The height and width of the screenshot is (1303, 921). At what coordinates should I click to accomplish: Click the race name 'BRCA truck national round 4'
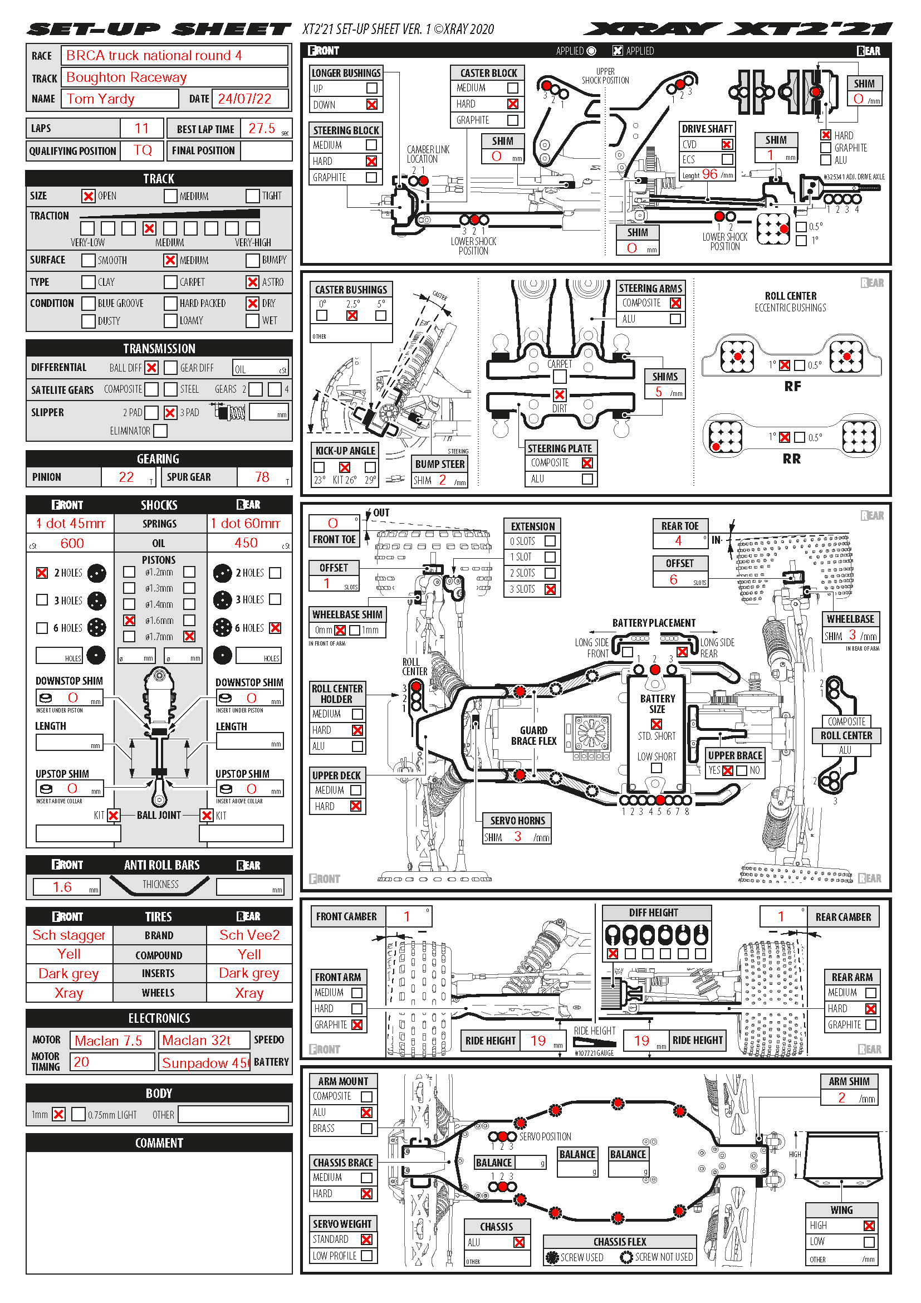point(154,56)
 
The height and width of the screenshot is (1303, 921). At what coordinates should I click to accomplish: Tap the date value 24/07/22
point(244,99)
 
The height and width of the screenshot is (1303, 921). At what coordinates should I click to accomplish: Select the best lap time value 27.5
point(262,128)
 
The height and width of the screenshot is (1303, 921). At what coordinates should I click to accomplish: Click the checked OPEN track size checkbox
point(88,196)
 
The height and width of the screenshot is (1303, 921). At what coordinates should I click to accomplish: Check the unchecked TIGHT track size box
point(252,196)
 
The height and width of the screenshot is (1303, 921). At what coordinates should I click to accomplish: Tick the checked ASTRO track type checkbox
point(252,282)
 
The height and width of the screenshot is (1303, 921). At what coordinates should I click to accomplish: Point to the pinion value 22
point(126,477)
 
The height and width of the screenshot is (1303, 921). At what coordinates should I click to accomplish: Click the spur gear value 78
point(262,477)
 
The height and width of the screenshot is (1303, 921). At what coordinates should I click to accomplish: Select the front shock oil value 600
point(72,544)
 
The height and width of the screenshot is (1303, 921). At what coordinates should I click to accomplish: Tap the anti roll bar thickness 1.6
point(62,887)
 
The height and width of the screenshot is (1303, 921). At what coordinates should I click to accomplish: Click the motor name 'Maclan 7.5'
point(109,1041)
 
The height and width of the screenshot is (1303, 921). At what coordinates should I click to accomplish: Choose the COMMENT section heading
point(159,1143)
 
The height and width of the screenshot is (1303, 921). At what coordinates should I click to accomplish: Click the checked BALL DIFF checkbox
point(151,368)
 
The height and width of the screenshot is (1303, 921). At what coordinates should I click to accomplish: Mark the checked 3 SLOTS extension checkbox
point(550,589)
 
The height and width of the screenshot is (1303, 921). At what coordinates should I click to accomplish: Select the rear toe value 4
point(678,540)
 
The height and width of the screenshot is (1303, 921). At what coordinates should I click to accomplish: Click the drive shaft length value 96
point(709,174)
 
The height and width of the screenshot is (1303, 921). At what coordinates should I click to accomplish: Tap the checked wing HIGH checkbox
point(868,1226)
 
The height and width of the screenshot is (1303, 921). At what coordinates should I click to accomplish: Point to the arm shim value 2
point(841,1098)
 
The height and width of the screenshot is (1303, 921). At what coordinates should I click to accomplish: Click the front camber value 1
point(406,916)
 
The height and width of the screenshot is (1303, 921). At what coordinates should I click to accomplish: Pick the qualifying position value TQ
point(143,150)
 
